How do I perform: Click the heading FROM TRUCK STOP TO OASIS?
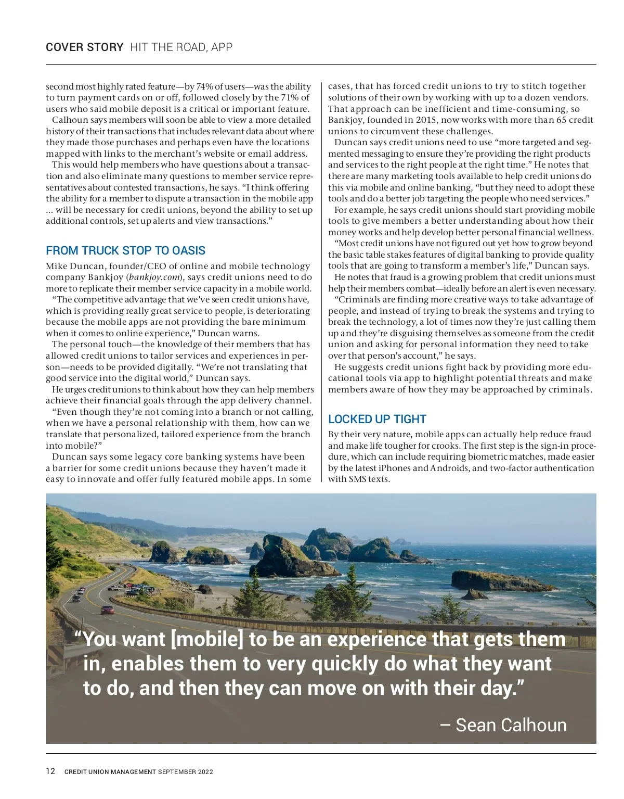tap(125, 250)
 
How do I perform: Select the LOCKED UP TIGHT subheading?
tap(377, 419)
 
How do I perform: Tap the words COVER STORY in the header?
tap(84, 47)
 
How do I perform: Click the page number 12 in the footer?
tap(50, 771)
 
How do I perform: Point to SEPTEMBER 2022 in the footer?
tap(186, 772)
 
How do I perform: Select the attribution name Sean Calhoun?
tap(511, 725)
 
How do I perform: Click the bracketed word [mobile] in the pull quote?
tap(206, 639)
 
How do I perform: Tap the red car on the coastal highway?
tap(107, 610)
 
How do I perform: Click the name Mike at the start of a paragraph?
tap(56, 266)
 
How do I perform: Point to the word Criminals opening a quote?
tap(359, 299)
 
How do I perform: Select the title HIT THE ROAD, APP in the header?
tap(181, 47)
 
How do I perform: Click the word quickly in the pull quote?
tap(345, 664)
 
